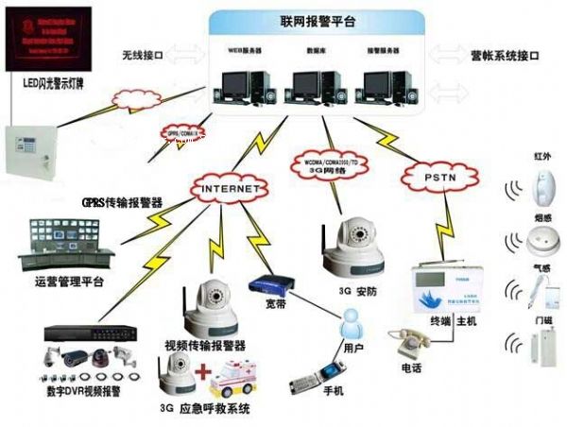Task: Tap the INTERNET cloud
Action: (227, 189)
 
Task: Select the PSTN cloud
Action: (435, 176)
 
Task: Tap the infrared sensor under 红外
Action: (542, 186)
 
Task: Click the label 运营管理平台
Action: (68, 282)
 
